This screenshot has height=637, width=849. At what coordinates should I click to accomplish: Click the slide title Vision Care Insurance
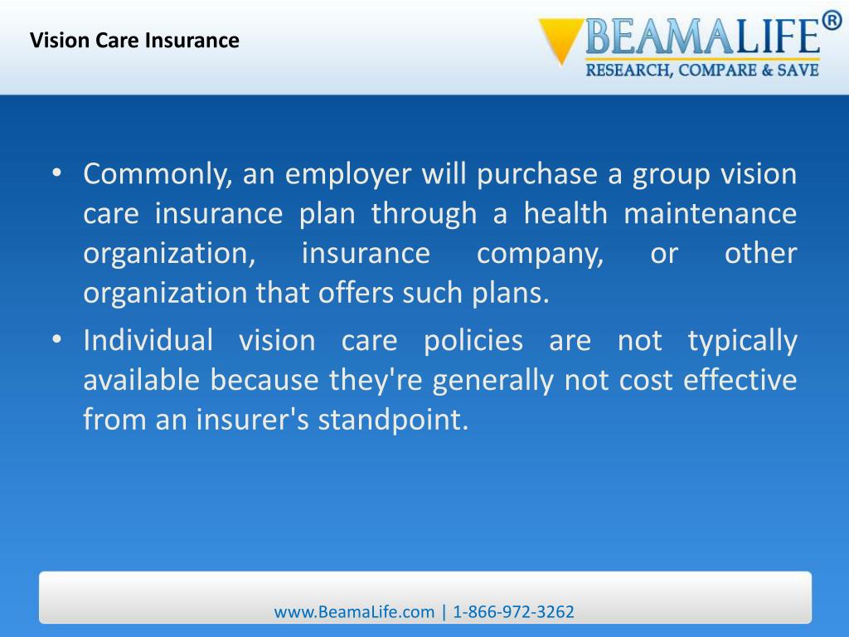point(135,40)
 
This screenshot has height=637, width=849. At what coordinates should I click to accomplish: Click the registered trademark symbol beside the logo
point(832,22)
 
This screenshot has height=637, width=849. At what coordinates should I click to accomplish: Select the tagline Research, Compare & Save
point(702,71)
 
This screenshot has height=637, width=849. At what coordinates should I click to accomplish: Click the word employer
point(349,175)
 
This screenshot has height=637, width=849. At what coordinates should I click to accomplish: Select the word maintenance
point(710,214)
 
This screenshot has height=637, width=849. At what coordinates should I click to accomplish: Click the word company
point(540,254)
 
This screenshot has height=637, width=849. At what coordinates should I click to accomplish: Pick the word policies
point(473,341)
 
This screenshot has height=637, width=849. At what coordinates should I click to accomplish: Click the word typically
point(742,341)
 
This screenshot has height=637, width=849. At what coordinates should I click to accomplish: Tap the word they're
point(377,380)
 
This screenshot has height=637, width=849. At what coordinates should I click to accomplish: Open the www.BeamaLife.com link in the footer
point(354,612)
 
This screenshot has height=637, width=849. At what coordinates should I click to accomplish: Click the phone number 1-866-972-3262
point(514,612)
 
